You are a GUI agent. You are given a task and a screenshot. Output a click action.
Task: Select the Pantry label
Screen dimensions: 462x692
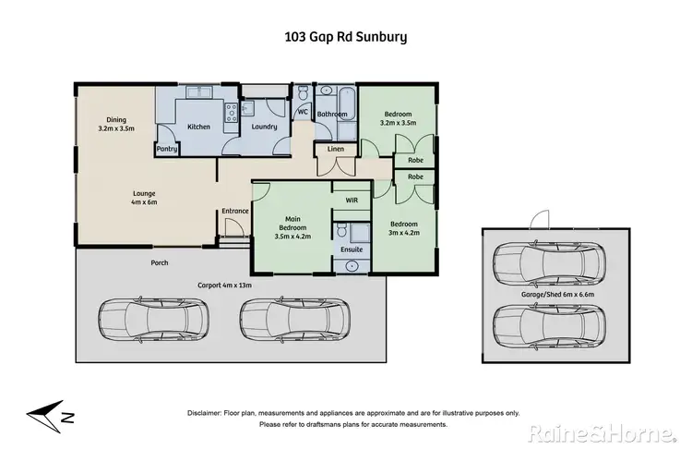point(167,149)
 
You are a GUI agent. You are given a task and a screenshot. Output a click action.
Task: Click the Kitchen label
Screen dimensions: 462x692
point(199,127)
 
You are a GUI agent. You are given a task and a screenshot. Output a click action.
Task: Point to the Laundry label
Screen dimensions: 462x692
point(265,127)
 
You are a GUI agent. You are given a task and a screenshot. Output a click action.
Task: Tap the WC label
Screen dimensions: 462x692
point(303,113)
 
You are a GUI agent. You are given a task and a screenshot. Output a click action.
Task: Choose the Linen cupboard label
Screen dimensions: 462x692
point(336,149)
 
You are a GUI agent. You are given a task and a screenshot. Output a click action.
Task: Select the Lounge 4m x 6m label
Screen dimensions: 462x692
point(146,198)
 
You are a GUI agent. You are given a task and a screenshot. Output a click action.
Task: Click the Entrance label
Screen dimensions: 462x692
point(235,212)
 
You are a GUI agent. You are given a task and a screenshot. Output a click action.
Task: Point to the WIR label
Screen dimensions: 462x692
point(352,200)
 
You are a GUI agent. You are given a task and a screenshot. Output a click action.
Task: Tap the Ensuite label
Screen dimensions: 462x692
point(352,249)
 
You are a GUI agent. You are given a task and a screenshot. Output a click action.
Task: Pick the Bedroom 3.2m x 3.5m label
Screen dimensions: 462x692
point(399,117)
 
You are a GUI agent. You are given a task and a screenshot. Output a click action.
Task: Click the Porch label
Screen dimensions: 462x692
point(160,263)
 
